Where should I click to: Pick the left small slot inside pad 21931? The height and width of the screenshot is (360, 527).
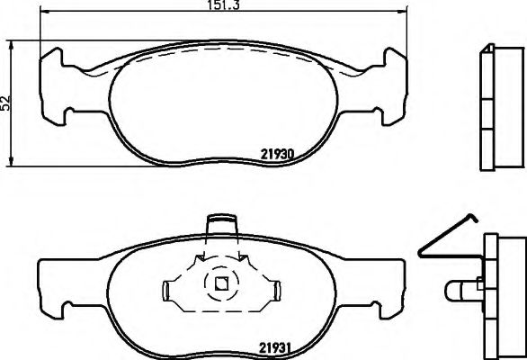coord(166,289)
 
